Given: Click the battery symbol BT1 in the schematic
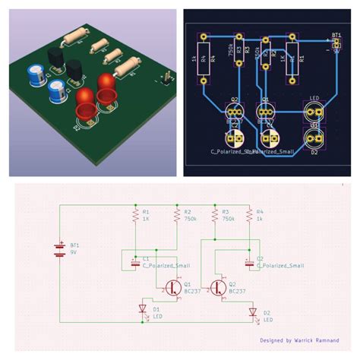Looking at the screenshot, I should click(x=59, y=250).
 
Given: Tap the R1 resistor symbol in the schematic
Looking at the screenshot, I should click(x=134, y=217).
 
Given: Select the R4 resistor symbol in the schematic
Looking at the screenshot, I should click(x=250, y=217).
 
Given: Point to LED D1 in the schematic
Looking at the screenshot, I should click(x=143, y=309).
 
